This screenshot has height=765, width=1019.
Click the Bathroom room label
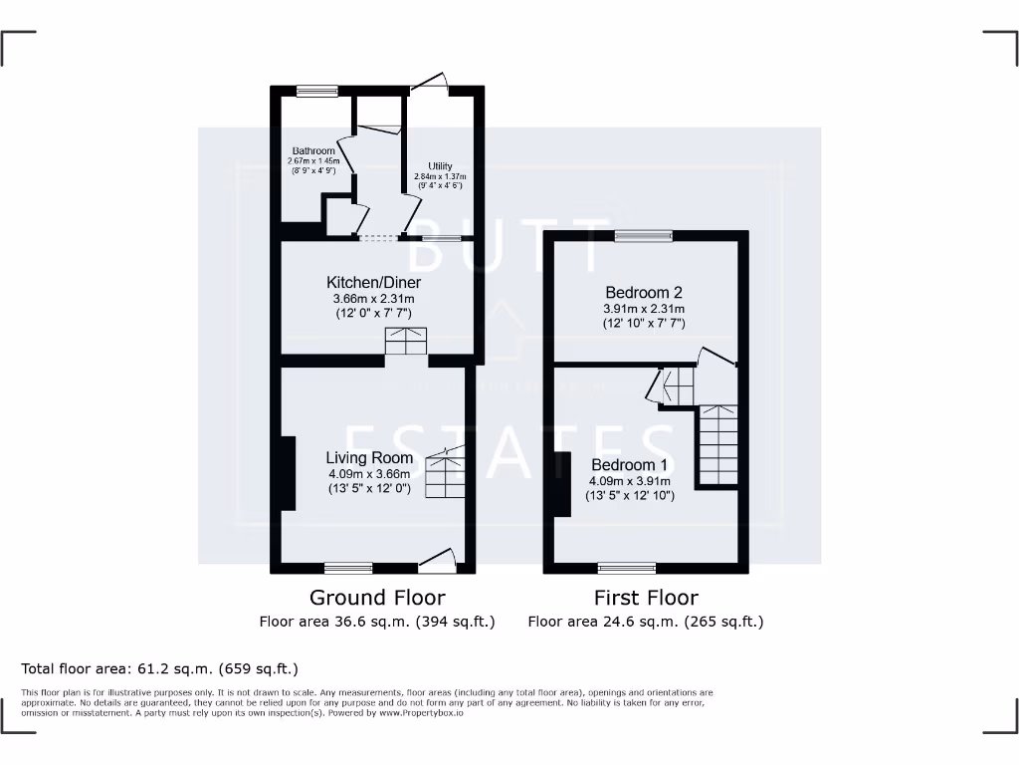(313, 151)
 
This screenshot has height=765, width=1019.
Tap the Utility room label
(440, 166)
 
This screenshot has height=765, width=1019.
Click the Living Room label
(368, 458)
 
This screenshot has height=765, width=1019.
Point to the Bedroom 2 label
(644, 293)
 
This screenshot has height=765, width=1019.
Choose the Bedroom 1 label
(630, 465)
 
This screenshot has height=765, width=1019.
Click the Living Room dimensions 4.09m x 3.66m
(369, 474)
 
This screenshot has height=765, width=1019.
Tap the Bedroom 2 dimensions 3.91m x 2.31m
(644, 309)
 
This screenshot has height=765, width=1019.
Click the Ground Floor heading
(377, 598)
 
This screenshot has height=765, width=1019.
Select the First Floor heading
(646, 598)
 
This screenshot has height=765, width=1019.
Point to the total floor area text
(159, 668)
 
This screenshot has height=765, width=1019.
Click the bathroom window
(316, 92)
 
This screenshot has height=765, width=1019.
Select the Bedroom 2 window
(643, 236)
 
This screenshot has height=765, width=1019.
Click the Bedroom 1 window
(627, 568)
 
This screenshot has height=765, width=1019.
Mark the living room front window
(348, 568)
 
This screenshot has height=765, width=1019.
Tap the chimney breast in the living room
(288, 473)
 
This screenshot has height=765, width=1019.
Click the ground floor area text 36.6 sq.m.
(377, 622)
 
